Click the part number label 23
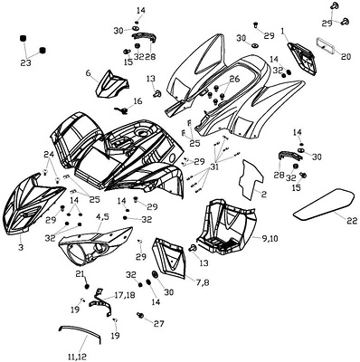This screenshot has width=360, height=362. [x=27, y=63]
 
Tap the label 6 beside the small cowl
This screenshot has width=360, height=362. [x=88, y=73]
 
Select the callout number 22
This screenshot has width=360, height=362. [x=350, y=221]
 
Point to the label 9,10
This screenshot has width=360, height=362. [x=270, y=239]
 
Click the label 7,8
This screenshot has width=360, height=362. [x=203, y=283]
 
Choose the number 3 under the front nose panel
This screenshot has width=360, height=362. [x=21, y=247]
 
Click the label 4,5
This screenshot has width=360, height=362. [x=103, y=217]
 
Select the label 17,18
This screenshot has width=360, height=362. [x=124, y=294]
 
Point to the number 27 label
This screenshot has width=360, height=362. [x=158, y=324]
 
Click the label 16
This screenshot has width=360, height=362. [x=137, y=100]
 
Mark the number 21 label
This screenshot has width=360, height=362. [x=80, y=274]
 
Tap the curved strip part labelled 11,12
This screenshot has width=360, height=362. [x=80, y=333]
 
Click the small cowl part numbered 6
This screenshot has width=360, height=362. [x=112, y=84]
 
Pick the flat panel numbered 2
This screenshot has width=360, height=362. [x=251, y=179]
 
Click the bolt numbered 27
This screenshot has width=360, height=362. [x=140, y=315]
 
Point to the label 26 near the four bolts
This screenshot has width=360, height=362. [x=234, y=79]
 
